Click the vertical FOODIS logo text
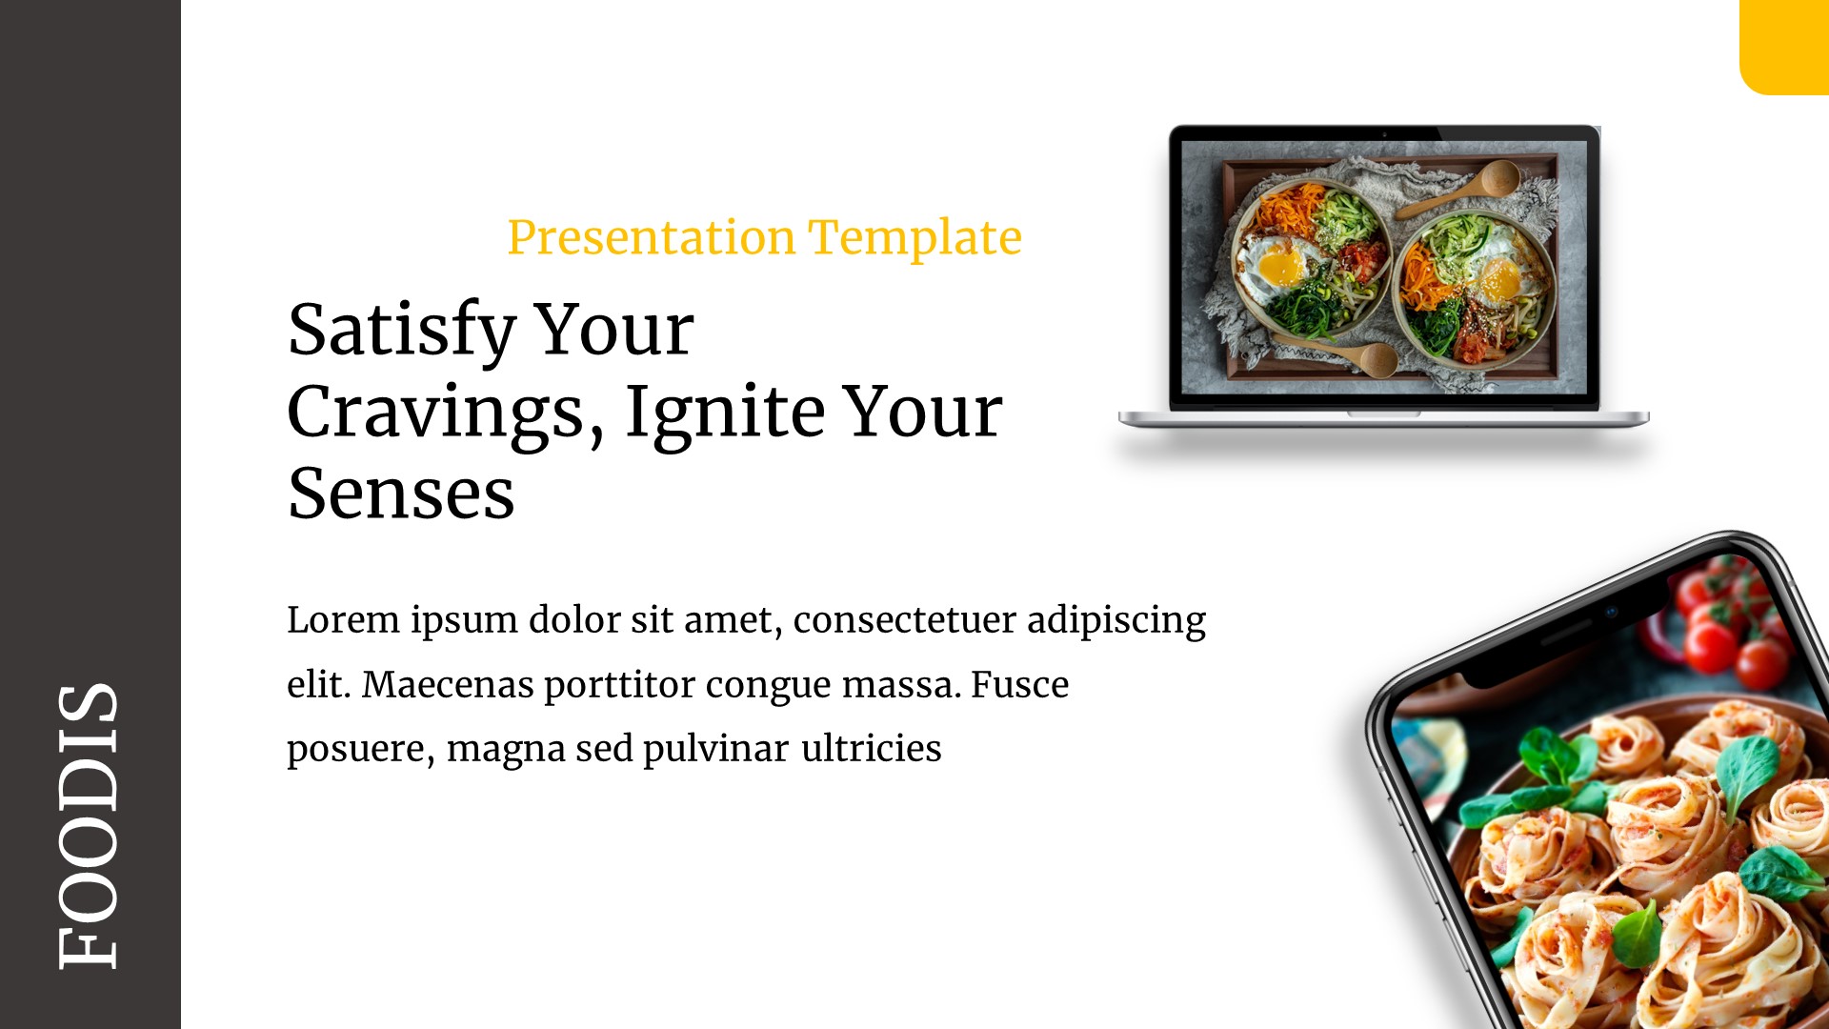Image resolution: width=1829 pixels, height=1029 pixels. (x=89, y=827)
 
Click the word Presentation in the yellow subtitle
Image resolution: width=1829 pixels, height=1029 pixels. (x=651, y=237)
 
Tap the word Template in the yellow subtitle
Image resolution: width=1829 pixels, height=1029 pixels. (x=914, y=237)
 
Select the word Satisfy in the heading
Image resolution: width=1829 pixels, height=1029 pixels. (x=401, y=330)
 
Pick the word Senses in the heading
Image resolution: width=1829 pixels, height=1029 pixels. (x=401, y=494)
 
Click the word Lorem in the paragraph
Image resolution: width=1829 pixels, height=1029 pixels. (x=343, y=620)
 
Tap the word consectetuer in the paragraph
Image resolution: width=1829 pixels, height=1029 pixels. (x=903, y=620)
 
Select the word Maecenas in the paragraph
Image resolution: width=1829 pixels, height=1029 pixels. (x=447, y=685)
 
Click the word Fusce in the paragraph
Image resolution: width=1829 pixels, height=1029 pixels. (x=1019, y=685)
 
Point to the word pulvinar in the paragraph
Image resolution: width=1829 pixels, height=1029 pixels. (x=715, y=749)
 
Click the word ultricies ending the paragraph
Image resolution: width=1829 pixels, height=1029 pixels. (x=871, y=749)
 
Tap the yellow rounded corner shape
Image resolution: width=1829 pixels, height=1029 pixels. (x=1784, y=46)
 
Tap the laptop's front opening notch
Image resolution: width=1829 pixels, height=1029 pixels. (x=1383, y=414)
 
